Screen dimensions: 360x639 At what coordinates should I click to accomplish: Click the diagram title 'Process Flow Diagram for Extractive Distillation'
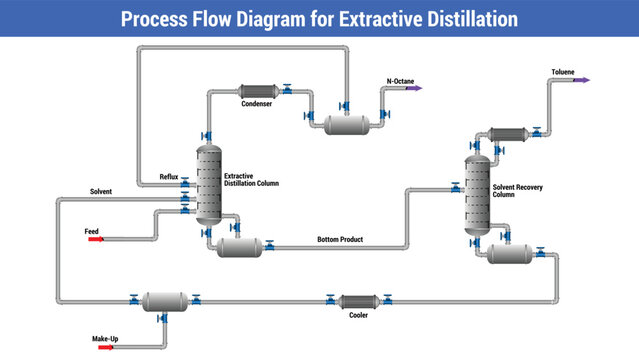319,19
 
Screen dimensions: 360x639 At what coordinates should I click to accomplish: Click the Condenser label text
256,103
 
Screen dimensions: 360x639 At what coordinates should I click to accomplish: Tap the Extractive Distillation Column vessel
208,184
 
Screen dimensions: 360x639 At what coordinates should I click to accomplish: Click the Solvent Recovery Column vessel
478,191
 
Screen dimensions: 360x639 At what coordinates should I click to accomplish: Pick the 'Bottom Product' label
339,240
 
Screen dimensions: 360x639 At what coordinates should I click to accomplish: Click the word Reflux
169,177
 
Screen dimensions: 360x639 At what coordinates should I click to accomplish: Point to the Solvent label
101,191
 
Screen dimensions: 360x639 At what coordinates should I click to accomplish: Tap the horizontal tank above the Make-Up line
166,300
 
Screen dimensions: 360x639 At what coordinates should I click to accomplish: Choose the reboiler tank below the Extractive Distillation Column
240,246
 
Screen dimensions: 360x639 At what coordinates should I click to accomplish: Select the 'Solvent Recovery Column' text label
518,190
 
